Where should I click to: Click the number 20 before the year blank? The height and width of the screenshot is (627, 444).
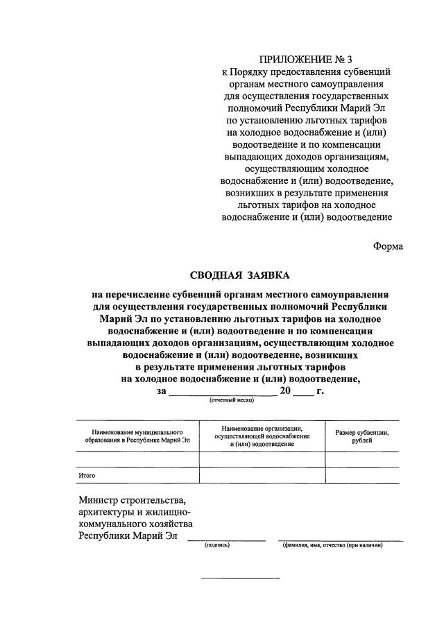pyautogui.click(x=285, y=390)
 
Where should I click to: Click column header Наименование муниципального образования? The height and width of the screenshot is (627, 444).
pyautogui.click(x=137, y=436)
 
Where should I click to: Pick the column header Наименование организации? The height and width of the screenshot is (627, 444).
pyautogui.click(x=262, y=436)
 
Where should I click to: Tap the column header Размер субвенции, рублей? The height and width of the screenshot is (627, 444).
pyautogui.click(x=361, y=436)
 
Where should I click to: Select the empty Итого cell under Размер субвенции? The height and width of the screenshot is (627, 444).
pyautogui.click(x=361, y=475)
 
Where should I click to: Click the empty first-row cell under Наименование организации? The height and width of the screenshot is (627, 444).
pyautogui.click(x=262, y=459)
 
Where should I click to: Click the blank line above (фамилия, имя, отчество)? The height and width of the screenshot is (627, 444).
pyautogui.click(x=340, y=539)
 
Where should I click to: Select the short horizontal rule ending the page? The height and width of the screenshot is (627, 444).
pyautogui.click(x=240, y=578)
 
